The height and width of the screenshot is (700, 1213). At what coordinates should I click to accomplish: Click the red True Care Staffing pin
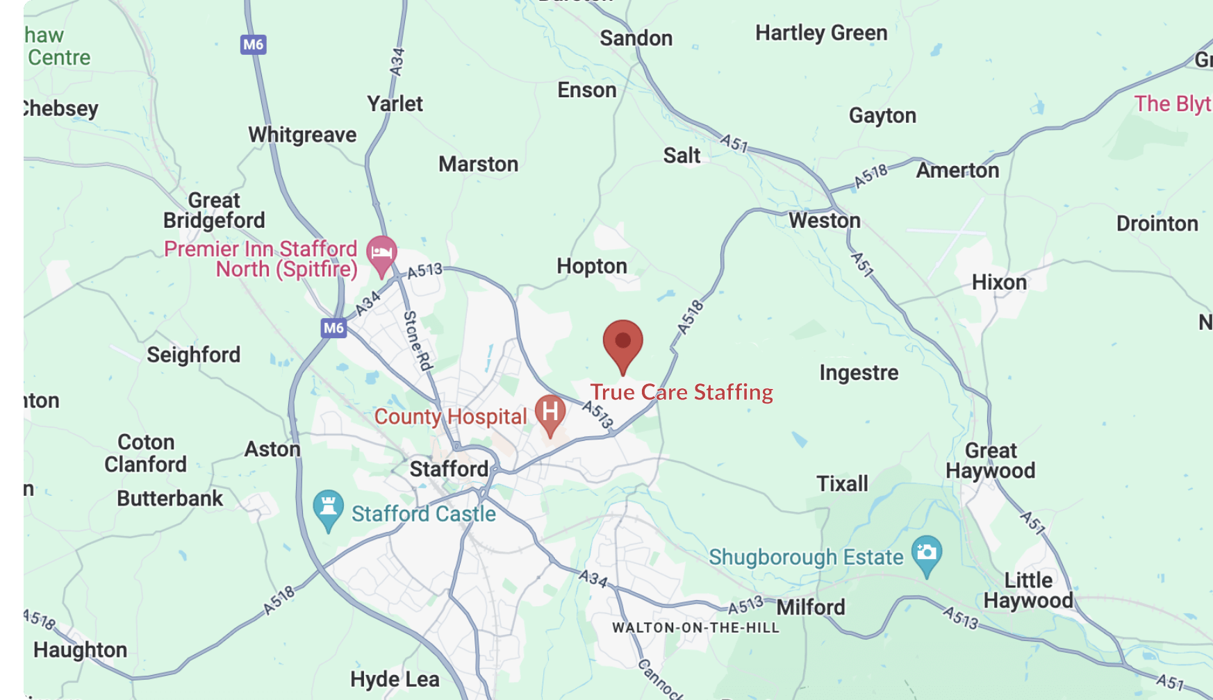[x=622, y=342]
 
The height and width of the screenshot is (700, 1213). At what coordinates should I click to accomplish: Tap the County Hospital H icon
[x=550, y=412]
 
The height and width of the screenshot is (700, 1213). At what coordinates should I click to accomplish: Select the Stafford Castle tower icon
[x=328, y=507]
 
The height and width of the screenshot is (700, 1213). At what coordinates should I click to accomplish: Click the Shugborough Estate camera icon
[x=926, y=553]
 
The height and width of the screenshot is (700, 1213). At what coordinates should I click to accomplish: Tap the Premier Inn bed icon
[x=381, y=253]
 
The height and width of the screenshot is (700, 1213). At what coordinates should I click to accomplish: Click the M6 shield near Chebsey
[x=254, y=45]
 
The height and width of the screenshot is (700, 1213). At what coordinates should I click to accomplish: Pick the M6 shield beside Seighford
[x=333, y=328]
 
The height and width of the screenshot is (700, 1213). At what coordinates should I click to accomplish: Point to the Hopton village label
[x=591, y=267]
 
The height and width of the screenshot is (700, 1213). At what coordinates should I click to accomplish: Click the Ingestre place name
[x=859, y=373]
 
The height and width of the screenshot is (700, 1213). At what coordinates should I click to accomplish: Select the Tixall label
[x=842, y=483]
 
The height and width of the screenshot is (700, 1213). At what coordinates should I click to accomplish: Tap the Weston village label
[x=824, y=221]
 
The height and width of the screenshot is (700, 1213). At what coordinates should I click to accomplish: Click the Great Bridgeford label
[x=214, y=210]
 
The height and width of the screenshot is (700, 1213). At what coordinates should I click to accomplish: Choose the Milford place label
[x=810, y=608]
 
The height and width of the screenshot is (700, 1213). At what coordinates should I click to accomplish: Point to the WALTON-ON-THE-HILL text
[x=695, y=628]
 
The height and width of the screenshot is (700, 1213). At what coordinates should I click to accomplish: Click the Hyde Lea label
[x=395, y=679]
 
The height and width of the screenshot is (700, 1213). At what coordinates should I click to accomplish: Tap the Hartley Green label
[x=821, y=33]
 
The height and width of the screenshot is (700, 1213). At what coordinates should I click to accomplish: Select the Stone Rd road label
[x=418, y=340]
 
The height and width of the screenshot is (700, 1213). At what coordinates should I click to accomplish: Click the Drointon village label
[x=1157, y=224]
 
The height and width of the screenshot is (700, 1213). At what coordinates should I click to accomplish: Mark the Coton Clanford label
[x=146, y=453]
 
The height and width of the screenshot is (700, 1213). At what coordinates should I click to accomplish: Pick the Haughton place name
[x=81, y=650]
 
